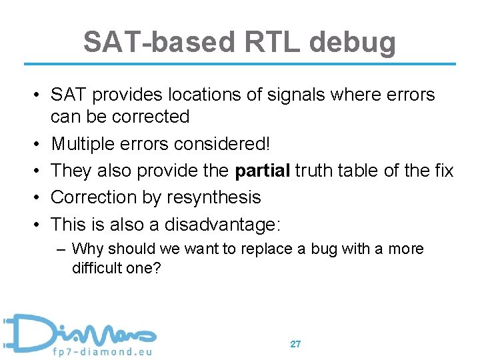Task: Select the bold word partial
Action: [262, 171]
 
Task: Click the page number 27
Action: [295, 344]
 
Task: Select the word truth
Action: [319, 171]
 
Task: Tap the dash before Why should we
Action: [61, 249]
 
